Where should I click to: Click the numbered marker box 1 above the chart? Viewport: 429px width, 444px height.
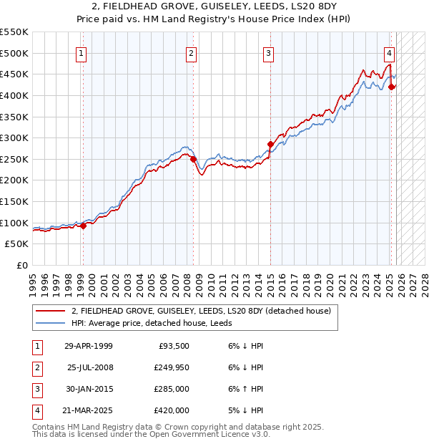(82, 52)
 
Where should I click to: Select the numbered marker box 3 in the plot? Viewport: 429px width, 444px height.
(268, 52)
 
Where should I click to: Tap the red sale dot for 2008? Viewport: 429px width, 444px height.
(193, 159)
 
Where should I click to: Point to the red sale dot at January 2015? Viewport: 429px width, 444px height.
(270, 144)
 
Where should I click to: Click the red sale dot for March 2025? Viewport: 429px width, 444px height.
(392, 87)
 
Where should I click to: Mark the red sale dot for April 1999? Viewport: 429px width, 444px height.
(83, 226)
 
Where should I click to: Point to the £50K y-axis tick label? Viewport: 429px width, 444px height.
(17, 244)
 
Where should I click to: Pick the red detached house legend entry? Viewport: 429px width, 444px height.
(200, 311)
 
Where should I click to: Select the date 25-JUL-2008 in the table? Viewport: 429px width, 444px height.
(89, 367)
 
